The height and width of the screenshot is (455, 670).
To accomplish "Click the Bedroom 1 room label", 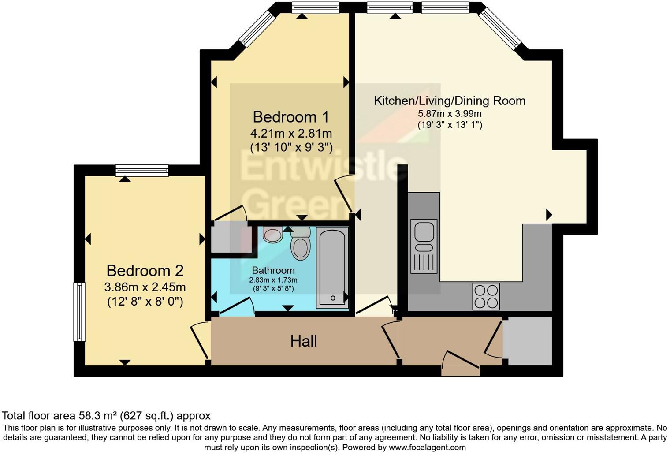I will (290, 117).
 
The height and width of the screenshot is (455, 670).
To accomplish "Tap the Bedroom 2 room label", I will (145, 271).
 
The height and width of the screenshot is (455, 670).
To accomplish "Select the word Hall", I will (304, 341).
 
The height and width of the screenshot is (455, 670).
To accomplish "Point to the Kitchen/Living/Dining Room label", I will (450, 101).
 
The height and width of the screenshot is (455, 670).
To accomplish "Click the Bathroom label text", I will (273, 270).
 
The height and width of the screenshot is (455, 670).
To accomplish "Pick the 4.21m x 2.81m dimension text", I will (291, 133).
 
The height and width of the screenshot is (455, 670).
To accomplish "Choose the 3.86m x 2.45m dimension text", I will (145, 287).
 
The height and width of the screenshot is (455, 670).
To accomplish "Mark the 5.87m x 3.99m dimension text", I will (450, 114).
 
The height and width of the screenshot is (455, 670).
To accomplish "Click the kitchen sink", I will (424, 246).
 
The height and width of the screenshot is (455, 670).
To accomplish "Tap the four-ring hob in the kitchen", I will (486, 296).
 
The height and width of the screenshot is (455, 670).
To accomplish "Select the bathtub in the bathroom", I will (332, 268).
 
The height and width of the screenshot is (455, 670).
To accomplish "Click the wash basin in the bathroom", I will (272, 235).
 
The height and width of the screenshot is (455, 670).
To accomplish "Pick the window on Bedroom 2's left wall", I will (79, 312).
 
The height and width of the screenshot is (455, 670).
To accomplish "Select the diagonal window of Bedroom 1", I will (257, 29).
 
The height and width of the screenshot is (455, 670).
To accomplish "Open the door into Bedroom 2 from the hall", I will (200, 341).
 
